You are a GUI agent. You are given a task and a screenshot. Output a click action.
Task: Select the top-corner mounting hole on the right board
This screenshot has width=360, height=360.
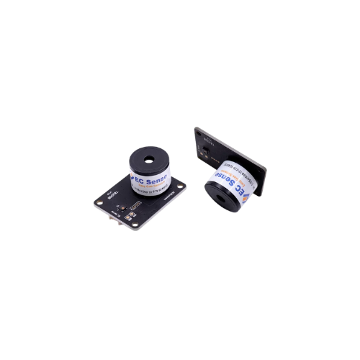point(199,132)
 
